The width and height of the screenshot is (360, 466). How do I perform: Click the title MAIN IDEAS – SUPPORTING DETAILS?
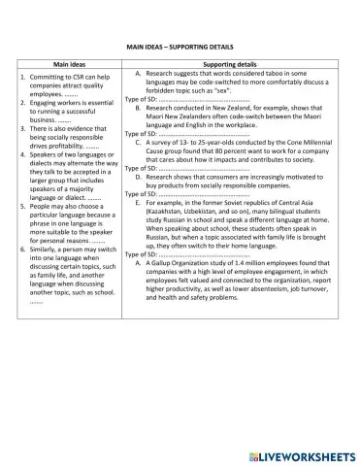point(180,46)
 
